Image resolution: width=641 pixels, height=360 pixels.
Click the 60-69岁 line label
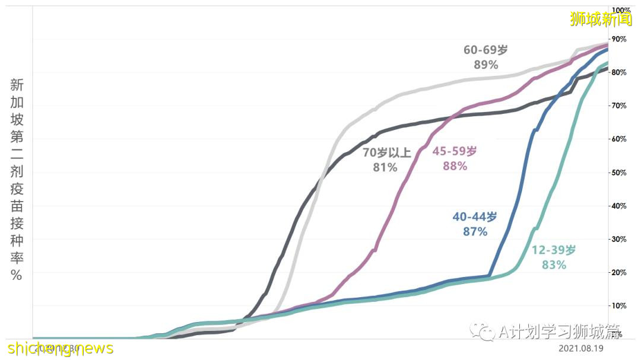[x=485, y=50]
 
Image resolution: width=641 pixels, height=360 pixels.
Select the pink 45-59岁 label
[x=455, y=152]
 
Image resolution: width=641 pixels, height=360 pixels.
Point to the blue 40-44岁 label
[x=475, y=217]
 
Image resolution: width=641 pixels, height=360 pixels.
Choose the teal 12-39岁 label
[x=554, y=250]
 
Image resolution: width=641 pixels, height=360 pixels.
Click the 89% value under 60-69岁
[x=485, y=65]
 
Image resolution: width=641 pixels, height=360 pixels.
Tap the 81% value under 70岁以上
[x=385, y=168]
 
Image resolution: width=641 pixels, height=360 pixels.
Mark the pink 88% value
[x=455, y=167]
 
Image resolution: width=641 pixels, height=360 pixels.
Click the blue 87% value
[x=475, y=232]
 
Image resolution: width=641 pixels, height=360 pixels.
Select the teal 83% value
[x=554, y=265]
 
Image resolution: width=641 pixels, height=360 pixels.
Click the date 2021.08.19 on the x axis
[x=581, y=348]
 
